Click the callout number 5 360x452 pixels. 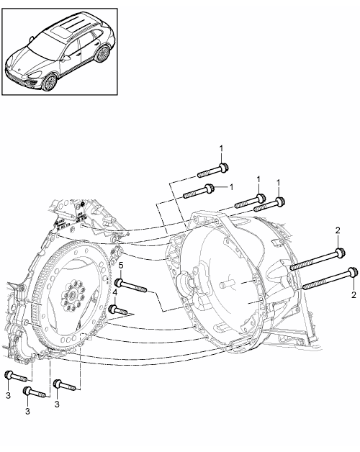pos(121,265)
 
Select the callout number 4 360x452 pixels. pos(115,292)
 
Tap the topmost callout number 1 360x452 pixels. pos(221,149)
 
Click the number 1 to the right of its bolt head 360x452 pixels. pos(231,187)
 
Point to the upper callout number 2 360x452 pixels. pos(338,230)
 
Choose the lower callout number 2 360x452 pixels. pos(354,295)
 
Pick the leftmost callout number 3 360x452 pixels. pos(8,395)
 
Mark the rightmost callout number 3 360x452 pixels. pos(57,404)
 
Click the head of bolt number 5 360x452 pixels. pos(118,281)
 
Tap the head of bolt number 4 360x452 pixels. pos(113,309)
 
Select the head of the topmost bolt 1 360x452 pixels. pos(223,168)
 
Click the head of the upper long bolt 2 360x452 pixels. pos(341,253)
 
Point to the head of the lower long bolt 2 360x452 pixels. pos(353,272)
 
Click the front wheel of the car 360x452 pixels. pos(49,82)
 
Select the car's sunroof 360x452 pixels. pos(60,31)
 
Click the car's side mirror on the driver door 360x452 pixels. pos(66,58)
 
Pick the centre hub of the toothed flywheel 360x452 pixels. pos(72,296)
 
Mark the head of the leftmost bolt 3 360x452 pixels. pos(8,375)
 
